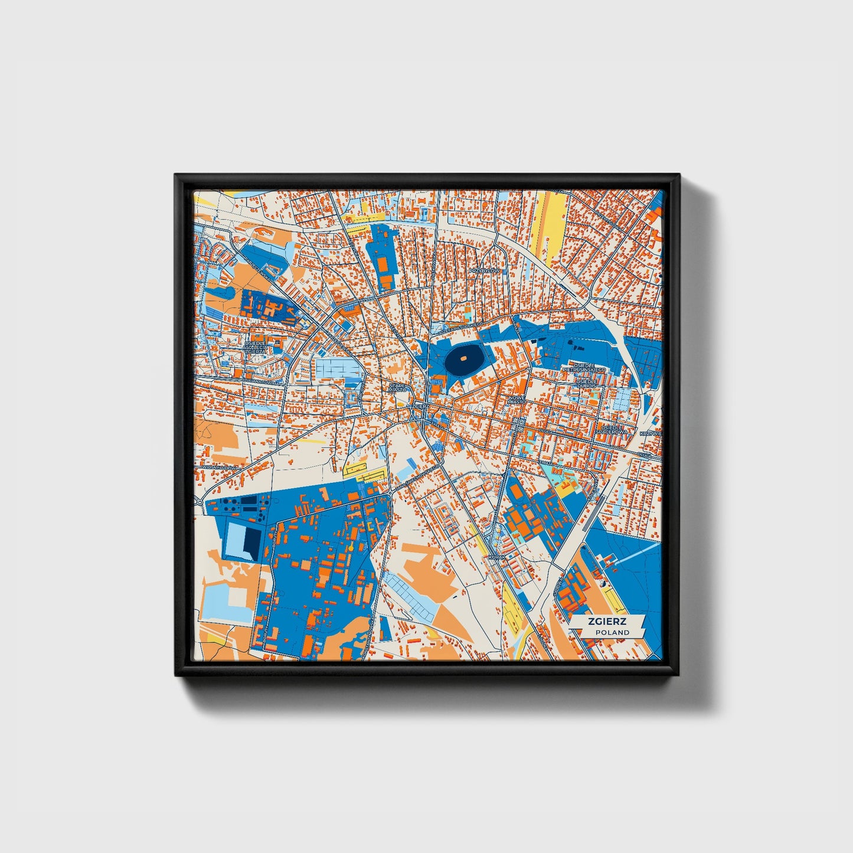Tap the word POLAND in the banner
click(x=612, y=632)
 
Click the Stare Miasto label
click(x=397, y=387)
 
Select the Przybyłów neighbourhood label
click(x=485, y=270)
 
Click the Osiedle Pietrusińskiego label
click(x=584, y=367)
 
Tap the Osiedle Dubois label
click(x=587, y=384)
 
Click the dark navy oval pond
click(x=463, y=359)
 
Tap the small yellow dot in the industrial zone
click(x=351, y=548)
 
